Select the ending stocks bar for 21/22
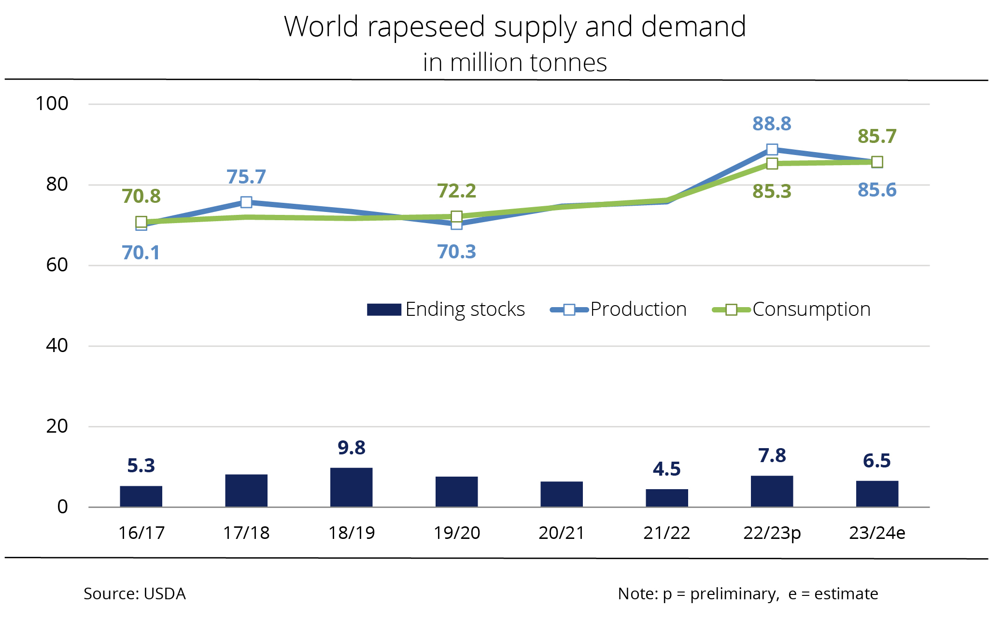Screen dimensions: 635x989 pos(666,498)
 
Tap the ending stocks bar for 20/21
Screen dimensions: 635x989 pos(561,494)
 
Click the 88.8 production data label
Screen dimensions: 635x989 pos(772,124)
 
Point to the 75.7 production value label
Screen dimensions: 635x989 pos(246,177)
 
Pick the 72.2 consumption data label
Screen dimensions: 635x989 pos(456,191)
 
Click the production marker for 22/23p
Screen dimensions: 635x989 pos(772,150)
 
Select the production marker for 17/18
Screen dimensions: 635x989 pos(246,202)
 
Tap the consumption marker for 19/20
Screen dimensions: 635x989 pos(456,216)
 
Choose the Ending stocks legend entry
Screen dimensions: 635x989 pos(445,310)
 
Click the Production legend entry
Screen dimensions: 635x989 pos(619,310)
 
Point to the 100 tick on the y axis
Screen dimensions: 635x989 pos(52,104)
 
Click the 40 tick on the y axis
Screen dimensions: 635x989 pos(57,346)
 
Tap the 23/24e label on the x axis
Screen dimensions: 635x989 pos(877,533)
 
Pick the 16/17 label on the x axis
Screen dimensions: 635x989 pos(141,533)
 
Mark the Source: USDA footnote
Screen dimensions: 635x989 pos(134,594)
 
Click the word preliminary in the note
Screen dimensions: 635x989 pos(734,594)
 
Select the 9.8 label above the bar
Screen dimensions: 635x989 pos(351,448)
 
